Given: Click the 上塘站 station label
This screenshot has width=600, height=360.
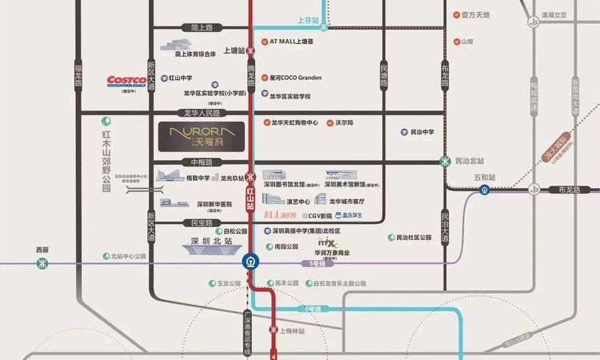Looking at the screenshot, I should (233, 50).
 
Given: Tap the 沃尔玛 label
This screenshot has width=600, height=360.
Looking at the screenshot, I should (345, 122).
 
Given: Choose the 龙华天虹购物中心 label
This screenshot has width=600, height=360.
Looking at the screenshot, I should (295, 122).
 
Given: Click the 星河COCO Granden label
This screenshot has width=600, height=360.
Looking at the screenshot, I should (296, 78).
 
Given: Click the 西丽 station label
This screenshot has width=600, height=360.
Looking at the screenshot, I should (42, 250).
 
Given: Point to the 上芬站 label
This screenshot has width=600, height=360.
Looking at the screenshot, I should (307, 19).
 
